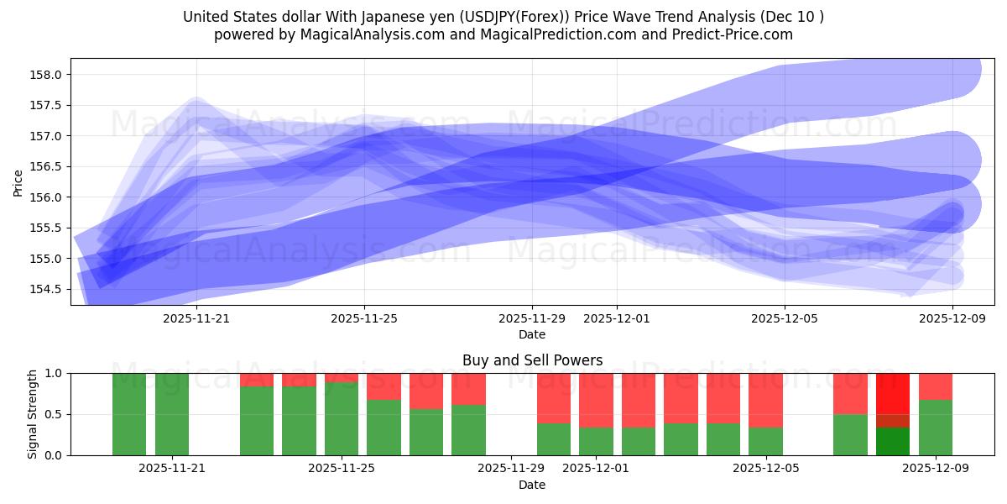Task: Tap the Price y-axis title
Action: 18,181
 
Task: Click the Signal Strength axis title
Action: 34,414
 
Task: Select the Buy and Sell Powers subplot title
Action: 532,360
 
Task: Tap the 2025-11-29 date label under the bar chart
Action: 511,468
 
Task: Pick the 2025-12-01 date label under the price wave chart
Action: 617,318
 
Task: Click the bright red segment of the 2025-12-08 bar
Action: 893,392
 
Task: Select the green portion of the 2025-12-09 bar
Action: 936,428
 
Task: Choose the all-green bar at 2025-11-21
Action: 172,414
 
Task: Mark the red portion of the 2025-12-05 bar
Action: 765,400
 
